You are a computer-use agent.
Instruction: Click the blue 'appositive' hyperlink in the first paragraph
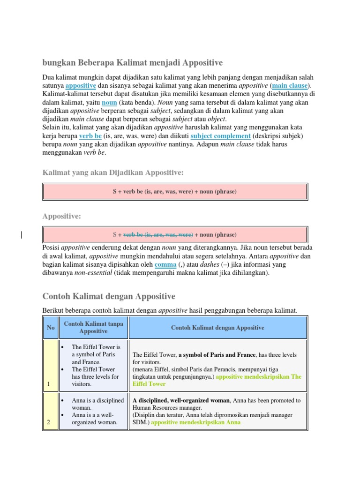[x=81, y=86]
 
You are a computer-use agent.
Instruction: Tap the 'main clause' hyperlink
[x=290, y=86]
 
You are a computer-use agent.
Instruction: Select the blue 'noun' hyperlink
[x=109, y=103]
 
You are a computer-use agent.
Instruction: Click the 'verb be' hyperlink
[x=90, y=136]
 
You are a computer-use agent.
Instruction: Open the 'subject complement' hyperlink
[x=220, y=136]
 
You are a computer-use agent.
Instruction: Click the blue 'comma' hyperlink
[x=165, y=265]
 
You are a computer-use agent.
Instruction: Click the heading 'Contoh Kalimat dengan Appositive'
[x=109, y=296]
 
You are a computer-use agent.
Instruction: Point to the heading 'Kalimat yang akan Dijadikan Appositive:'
[x=113, y=173]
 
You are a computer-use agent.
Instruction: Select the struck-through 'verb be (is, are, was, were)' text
[x=158, y=234]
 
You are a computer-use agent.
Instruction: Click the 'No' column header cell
[x=51, y=328]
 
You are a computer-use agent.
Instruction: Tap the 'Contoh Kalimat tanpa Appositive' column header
[x=93, y=327]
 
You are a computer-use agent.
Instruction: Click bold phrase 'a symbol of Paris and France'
[x=217, y=355]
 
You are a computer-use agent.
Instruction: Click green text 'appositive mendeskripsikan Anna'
[x=195, y=422]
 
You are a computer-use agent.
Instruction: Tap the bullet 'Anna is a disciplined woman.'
[x=97, y=404]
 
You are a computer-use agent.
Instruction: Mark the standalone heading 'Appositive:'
[x=62, y=216]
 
